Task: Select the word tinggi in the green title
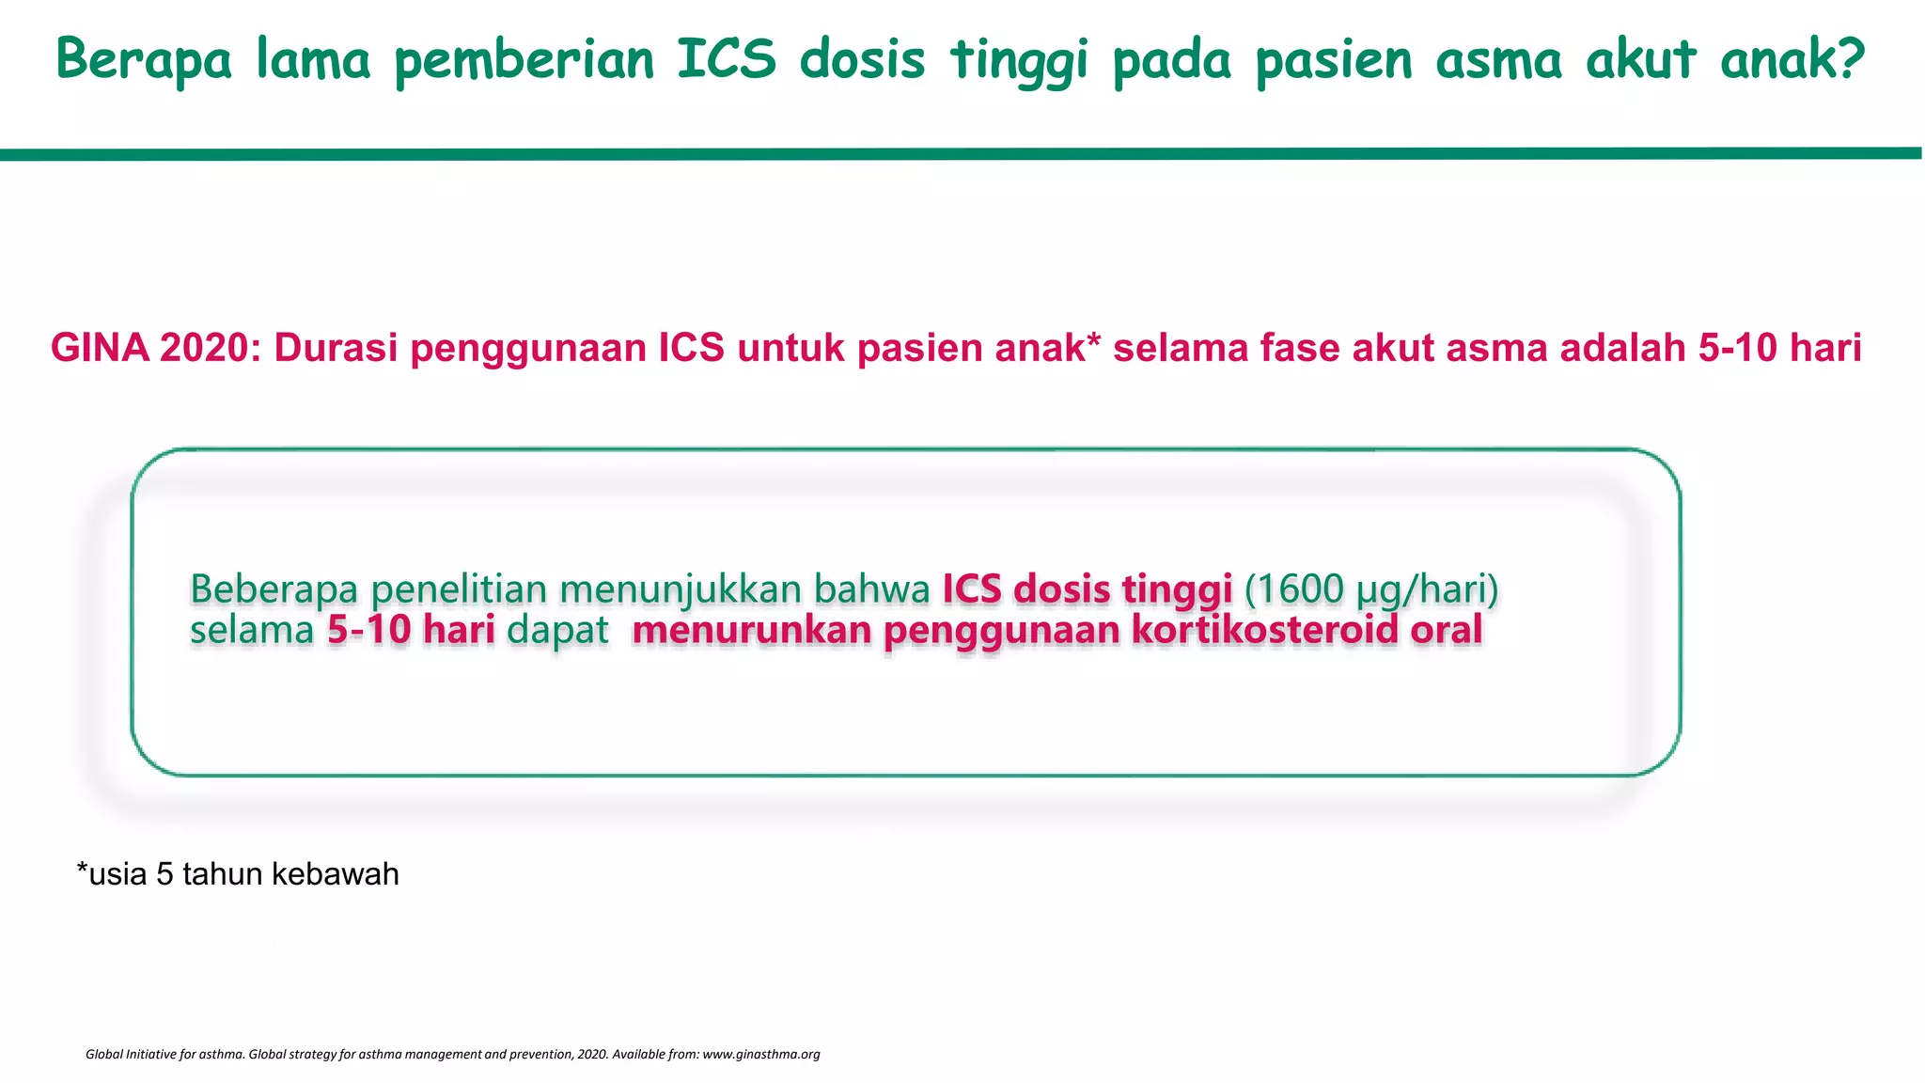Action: coord(1019,59)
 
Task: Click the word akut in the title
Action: coord(1640,58)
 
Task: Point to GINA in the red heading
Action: coord(100,348)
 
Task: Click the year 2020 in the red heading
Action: coord(209,348)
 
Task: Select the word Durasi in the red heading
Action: coord(336,348)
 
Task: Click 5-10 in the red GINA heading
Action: coord(1736,348)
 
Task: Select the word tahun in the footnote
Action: coord(223,874)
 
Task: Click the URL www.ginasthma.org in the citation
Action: coord(761,1054)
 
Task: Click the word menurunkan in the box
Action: coord(752,630)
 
